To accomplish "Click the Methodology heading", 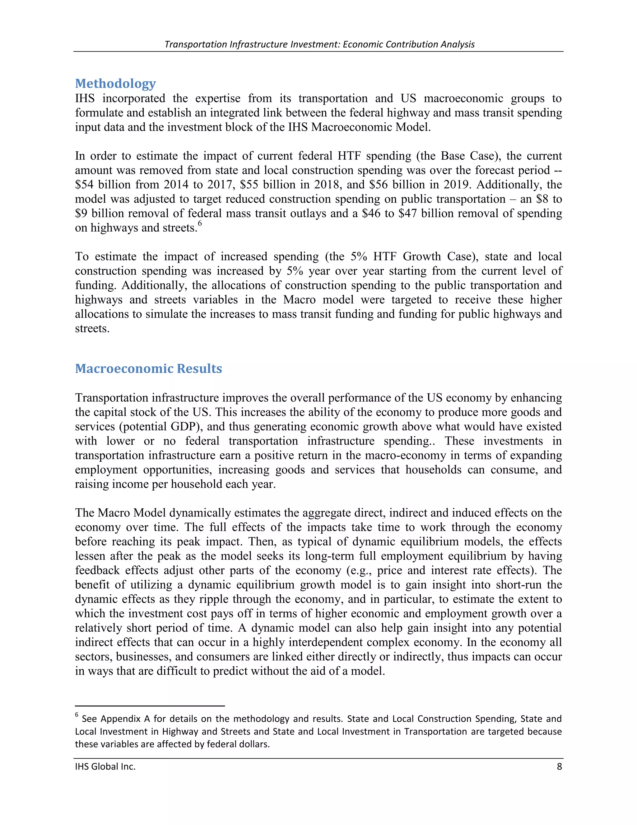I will tap(115, 83).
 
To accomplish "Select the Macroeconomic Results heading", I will tap(148, 368).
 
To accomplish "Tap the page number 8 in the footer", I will tap(559, 766).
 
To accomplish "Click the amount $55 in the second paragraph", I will tap(249, 185).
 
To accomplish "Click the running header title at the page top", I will tap(319, 44).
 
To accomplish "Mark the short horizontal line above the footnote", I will tap(150, 706).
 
